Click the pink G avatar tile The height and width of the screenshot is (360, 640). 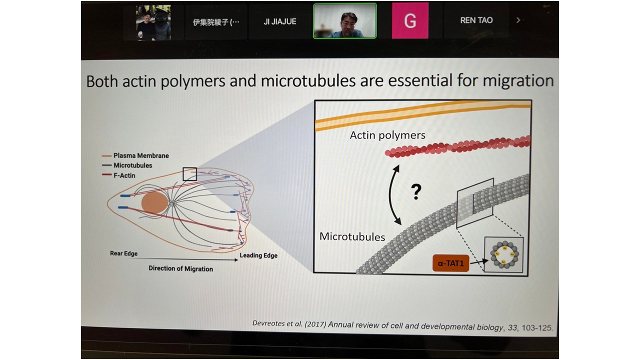pos(410,21)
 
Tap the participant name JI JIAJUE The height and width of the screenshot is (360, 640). pos(280,21)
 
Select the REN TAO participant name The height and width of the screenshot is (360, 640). pos(476,20)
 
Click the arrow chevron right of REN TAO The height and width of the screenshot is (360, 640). pos(518,20)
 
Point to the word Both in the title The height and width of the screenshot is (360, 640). pos(105,81)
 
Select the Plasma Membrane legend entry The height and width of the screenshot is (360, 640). pos(141,155)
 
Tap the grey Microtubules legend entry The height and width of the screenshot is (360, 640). pos(132,165)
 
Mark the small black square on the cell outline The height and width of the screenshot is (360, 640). pos(189,174)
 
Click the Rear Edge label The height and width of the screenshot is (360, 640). pos(123,253)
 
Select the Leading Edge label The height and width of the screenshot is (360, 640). pos(258,255)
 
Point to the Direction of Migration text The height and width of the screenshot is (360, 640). pos(180,269)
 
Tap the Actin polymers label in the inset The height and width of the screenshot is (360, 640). pos(387,135)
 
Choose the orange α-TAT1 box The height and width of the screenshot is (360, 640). pos(450,262)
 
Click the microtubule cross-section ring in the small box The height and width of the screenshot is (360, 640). pos(503,254)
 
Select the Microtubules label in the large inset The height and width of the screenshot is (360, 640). pos(352,236)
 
